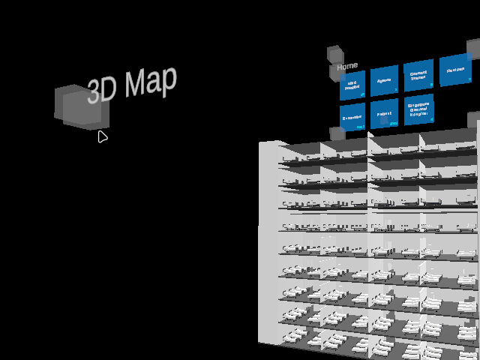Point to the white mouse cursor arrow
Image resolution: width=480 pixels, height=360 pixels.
pyautogui.click(x=102, y=136)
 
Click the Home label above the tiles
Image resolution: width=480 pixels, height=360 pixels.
pyautogui.click(x=347, y=67)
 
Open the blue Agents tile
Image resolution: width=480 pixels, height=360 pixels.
pyautogui.click(x=384, y=80)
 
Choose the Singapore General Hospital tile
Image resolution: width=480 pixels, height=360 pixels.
pyautogui.click(x=418, y=110)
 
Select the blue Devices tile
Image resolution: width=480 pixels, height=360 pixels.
pyautogui.click(x=454, y=70)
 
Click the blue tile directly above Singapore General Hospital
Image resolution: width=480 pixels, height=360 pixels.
pyautogui.click(x=418, y=76)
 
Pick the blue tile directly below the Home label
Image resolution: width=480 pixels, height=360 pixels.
pyautogui.click(x=352, y=85)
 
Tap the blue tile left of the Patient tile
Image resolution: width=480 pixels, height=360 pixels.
pyautogui.click(x=352, y=117)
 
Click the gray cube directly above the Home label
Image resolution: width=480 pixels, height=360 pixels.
pyautogui.click(x=335, y=54)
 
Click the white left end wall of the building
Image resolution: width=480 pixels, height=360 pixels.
pyautogui.click(x=268, y=240)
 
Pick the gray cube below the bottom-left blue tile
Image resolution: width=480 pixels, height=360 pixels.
pyautogui.click(x=337, y=133)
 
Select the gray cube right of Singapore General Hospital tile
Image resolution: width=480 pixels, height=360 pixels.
pyautogui.click(x=473, y=120)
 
